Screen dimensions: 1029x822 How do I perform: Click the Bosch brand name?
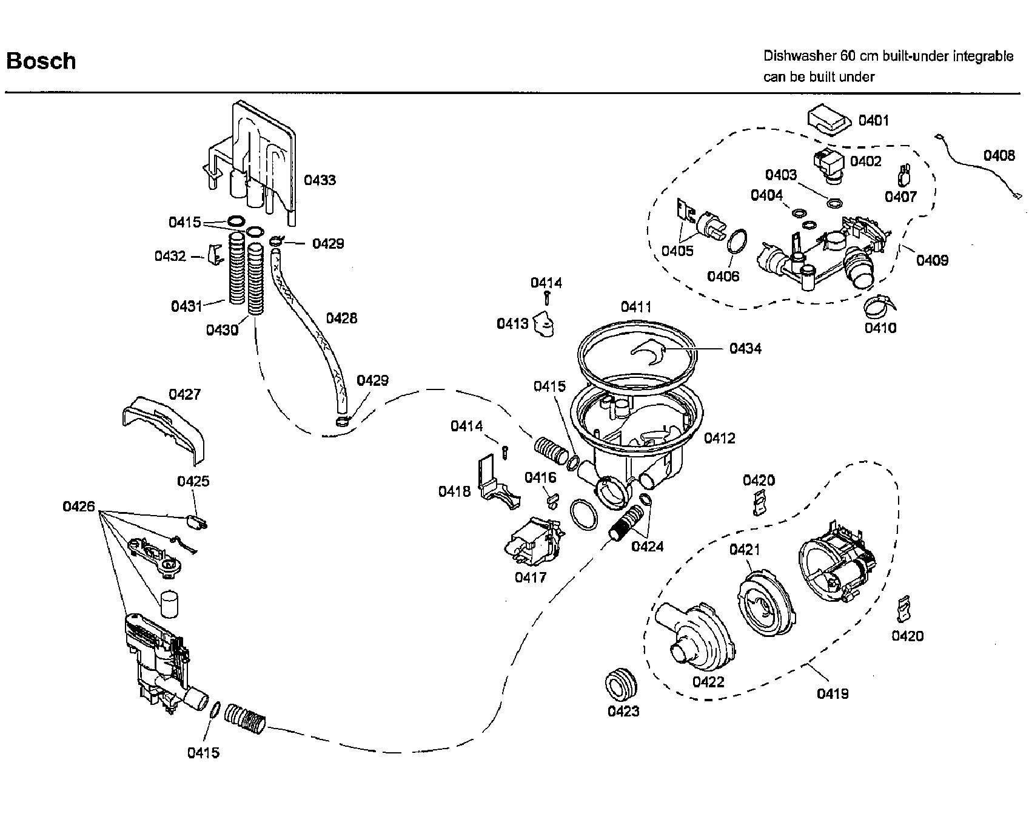click(41, 61)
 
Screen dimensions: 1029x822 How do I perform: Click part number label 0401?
click(873, 121)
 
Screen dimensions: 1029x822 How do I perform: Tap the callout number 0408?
click(999, 156)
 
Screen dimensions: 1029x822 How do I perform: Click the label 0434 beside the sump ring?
click(745, 348)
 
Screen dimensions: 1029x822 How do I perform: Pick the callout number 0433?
click(320, 180)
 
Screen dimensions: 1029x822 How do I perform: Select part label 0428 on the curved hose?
click(341, 318)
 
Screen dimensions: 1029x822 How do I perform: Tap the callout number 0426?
click(79, 506)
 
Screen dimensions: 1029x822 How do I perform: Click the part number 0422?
click(708, 682)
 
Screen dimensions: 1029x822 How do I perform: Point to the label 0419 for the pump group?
click(833, 693)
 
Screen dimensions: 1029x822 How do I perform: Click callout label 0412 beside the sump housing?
click(719, 438)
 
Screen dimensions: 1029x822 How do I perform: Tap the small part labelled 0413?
click(545, 326)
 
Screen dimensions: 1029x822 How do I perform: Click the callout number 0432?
click(170, 256)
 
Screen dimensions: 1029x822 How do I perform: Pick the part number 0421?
click(745, 550)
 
